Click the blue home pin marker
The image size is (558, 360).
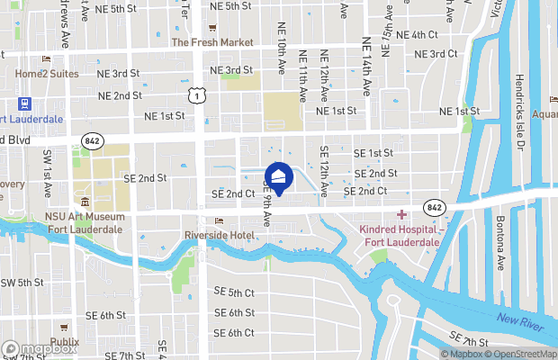[277, 177]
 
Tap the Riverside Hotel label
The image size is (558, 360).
[220, 235]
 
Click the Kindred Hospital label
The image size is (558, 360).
[399, 237]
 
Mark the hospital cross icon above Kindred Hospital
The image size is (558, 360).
[401, 214]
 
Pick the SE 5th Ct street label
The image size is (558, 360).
[235, 292]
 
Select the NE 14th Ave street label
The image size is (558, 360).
[365, 66]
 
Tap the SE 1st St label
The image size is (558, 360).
[374, 153]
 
